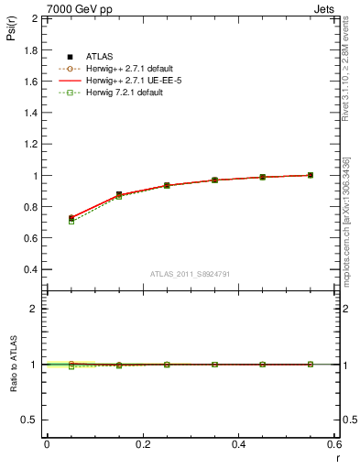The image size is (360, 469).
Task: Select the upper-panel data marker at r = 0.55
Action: pyautogui.click(x=311, y=175)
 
